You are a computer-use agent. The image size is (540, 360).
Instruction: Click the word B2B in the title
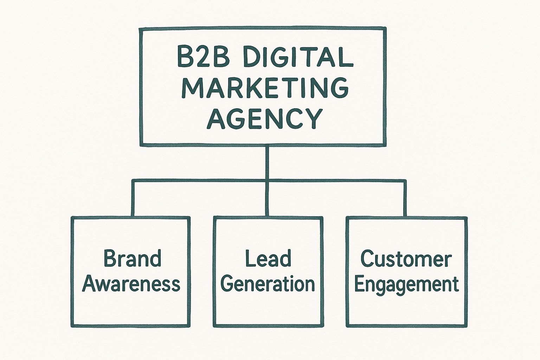coord(203,57)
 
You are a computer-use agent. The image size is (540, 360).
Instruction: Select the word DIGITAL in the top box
coord(298,57)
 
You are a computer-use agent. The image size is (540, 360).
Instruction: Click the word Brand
coord(132,259)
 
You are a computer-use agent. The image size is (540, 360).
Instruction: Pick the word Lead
coord(268,259)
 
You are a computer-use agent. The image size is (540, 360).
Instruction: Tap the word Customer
coord(406,259)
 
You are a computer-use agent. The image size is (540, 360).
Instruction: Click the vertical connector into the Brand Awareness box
coord(133,199)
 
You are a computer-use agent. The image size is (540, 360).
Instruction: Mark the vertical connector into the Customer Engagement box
coord(405,199)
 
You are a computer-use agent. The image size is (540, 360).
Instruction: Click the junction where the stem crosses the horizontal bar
coord(267,181)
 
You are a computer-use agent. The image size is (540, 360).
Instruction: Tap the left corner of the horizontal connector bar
coord(133,181)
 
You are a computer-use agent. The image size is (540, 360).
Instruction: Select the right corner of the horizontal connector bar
coord(405,181)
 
